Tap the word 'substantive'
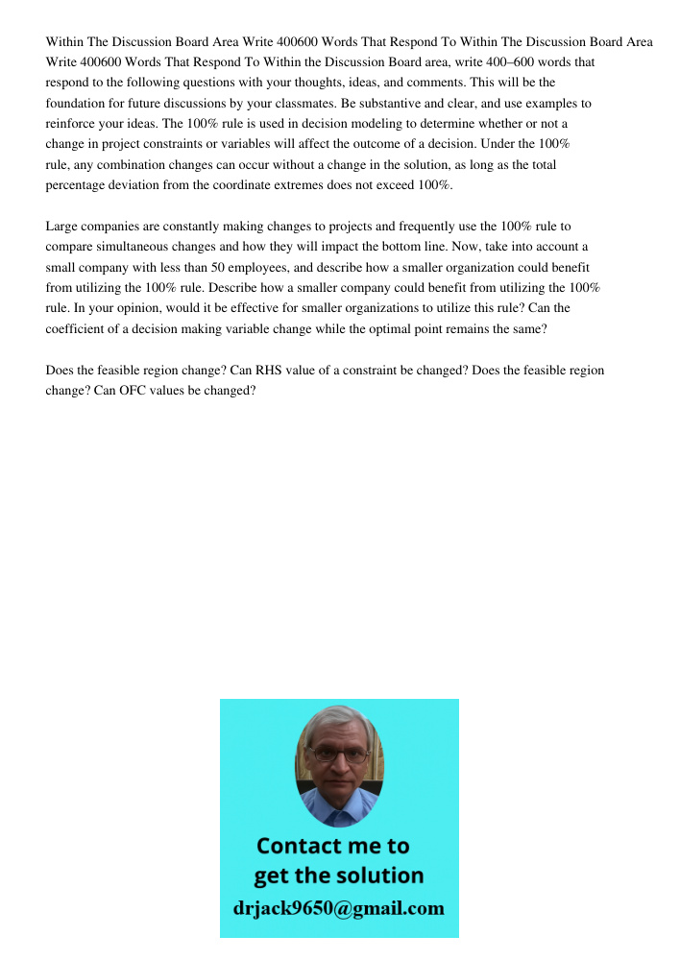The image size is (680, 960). click(x=390, y=103)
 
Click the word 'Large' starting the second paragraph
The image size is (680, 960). click(x=61, y=227)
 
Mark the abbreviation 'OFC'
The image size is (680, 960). click(x=114, y=391)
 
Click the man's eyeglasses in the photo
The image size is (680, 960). click(x=340, y=756)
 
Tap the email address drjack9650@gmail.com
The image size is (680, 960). click(x=339, y=908)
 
